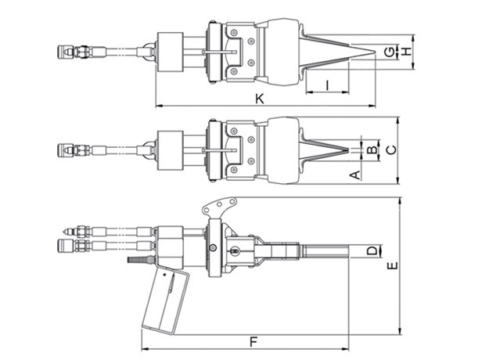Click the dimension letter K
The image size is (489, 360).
[260, 99]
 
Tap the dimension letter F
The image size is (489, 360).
[253, 342]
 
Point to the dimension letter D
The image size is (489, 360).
[372, 250]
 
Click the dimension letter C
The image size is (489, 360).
[391, 150]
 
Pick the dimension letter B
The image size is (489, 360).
[372, 150]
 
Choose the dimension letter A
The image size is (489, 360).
[355, 175]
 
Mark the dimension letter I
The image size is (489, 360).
[327, 85]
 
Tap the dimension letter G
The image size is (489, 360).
[389, 52]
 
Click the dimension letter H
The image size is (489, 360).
[406, 52]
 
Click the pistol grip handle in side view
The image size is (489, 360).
[165, 301]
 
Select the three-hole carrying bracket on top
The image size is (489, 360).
[219, 205]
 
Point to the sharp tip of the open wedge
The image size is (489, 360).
[375, 52]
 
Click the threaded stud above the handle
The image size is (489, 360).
[140, 259]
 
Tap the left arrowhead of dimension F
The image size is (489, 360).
[144, 348]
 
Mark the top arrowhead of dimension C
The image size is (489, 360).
[397, 121]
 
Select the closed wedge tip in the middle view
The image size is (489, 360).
[347, 150]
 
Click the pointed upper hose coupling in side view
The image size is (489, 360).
[70, 232]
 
